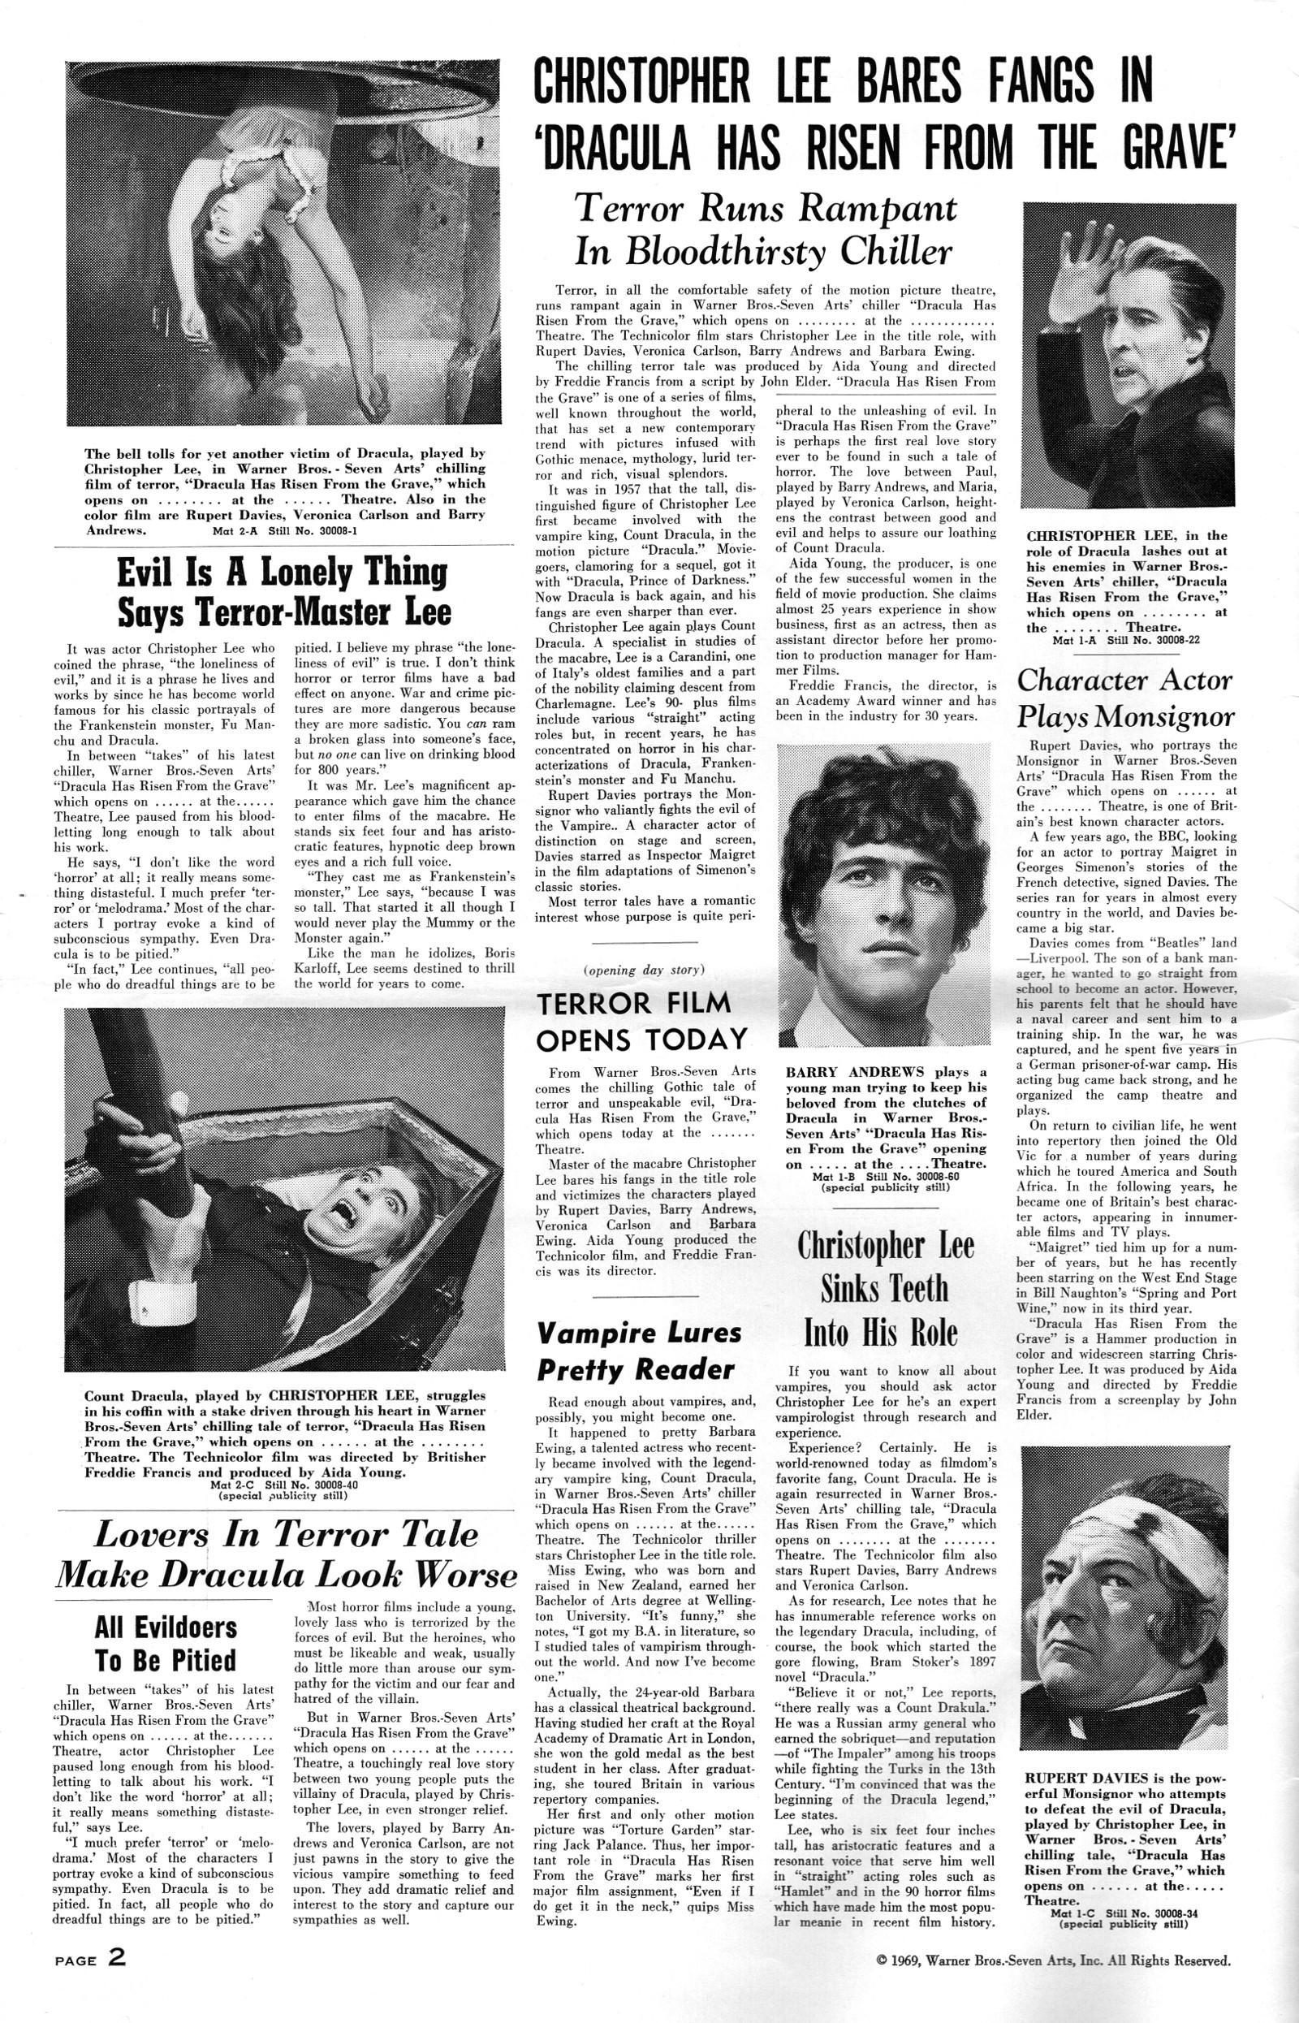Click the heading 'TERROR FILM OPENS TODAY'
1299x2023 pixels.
(642, 1021)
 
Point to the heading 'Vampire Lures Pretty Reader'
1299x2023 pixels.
(640, 1351)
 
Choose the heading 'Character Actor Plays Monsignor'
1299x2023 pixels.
(1125, 698)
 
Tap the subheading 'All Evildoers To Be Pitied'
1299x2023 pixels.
(166, 1645)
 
